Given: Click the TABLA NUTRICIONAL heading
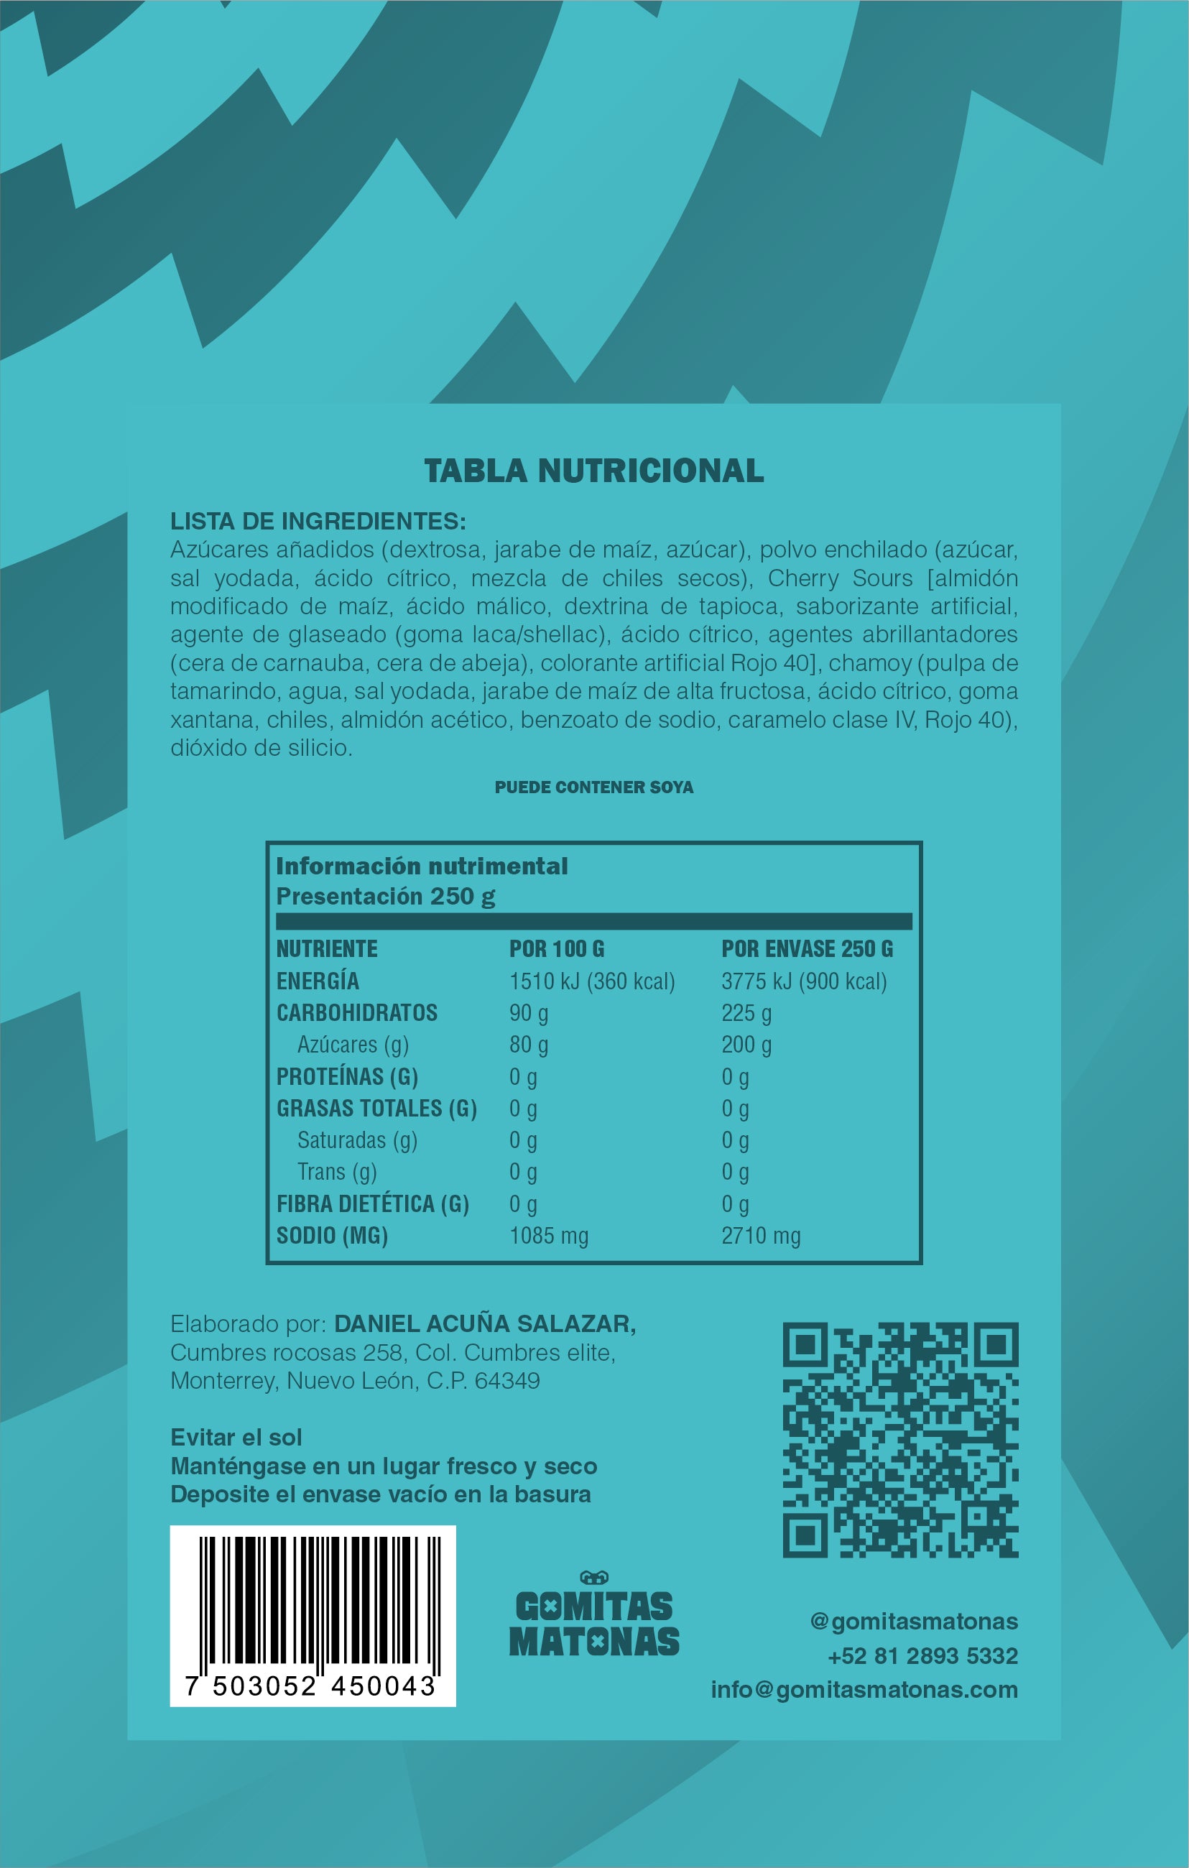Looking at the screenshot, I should coord(593,471).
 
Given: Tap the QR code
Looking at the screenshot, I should coord(899,1440).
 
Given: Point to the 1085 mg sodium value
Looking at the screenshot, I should coord(548,1236).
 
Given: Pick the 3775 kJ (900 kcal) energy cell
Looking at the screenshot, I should coord(803,981).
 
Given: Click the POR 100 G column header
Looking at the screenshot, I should coord(556,949).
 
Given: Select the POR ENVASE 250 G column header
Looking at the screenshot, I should coord(807,949).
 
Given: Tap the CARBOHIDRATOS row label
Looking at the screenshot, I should coord(357,1013).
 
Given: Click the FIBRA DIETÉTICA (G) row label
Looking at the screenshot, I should coord(372,1204).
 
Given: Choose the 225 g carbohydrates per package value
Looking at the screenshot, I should coord(746,1013).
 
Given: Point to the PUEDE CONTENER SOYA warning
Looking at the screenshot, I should coord(593,787).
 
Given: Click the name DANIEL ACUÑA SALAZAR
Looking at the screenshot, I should coord(484,1324).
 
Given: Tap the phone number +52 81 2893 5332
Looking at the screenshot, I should coord(922,1656).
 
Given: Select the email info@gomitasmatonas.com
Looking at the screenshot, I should coord(864,1691).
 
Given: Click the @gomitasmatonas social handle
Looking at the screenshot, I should coord(914,1622).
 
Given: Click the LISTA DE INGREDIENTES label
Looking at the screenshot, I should coord(318,521).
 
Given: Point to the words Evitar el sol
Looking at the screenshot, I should coord(236,1438).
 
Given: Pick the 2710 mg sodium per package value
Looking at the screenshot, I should coord(760,1236).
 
